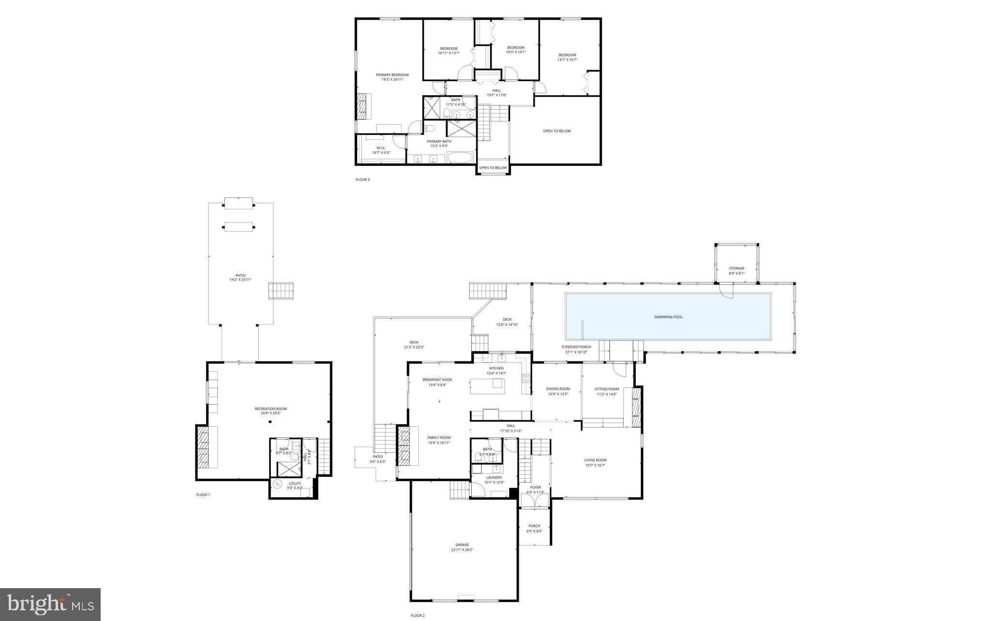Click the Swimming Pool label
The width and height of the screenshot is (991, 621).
(x=668, y=317)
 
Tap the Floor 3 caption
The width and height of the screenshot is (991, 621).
(x=362, y=179)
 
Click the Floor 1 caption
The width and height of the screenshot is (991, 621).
(x=203, y=495)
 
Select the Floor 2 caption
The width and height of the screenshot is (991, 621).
(x=417, y=616)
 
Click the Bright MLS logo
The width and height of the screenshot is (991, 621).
(x=50, y=604)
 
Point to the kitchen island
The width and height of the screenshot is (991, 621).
(x=487, y=386)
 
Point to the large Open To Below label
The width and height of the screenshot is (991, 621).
(x=556, y=131)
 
